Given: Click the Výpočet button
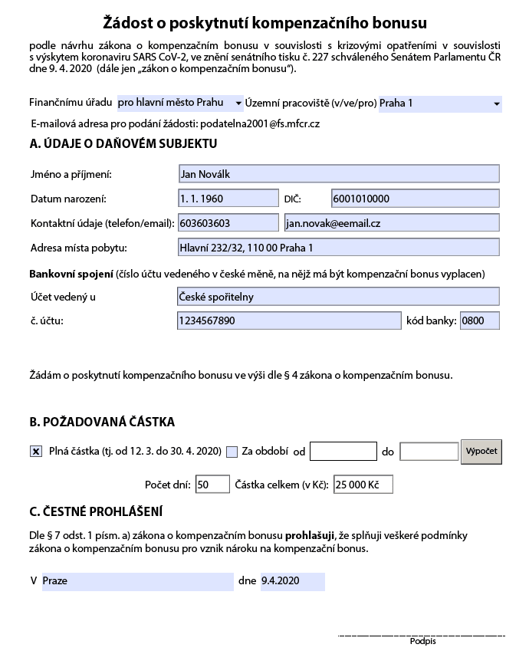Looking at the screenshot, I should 481,452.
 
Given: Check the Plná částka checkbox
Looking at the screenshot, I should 36,452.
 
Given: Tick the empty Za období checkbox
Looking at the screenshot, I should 232,452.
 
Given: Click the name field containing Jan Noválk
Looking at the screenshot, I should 338,174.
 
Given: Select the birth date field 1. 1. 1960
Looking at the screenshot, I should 228,199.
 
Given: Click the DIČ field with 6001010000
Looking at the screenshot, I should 415,199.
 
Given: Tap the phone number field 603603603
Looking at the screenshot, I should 228,223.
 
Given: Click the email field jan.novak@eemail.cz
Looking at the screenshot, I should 391,223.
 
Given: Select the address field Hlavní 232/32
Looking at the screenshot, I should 338,248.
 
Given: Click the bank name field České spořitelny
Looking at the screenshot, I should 338,297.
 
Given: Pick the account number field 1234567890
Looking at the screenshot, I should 288,321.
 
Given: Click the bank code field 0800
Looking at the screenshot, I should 479,321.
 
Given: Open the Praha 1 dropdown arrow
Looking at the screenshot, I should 497,104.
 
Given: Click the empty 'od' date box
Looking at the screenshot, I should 343,452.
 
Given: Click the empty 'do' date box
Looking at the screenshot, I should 429,452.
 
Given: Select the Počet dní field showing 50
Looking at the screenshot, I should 212,485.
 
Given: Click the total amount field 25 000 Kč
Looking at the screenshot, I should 363,485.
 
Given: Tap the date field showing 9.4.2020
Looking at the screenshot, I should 292,581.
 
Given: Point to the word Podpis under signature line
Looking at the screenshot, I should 422,642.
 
